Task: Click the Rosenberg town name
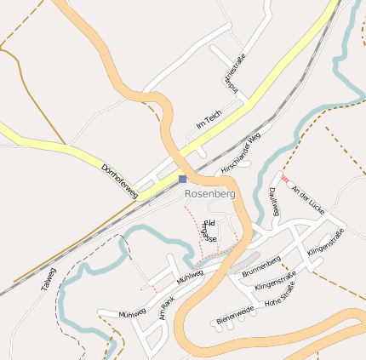(x=209, y=193)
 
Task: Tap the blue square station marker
(x=182, y=179)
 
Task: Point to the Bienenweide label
(x=235, y=317)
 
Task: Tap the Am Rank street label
(x=167, y=306)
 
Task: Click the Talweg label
(x=48, y=280)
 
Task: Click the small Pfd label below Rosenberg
(x=209, y=223)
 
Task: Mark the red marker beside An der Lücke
(x=285, y=179)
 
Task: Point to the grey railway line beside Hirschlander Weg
(x=255, y=128)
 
